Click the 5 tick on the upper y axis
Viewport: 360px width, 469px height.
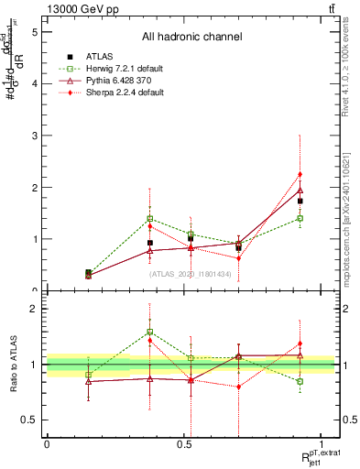coord(34,31)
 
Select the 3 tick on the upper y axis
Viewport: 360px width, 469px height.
coord(34,136)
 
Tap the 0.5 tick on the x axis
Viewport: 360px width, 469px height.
coord(183,444)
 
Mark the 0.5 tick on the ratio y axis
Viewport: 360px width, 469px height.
coord(33,420)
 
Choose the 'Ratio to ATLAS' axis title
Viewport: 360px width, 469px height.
coord(13,364)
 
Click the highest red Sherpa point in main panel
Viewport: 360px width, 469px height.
coord(300,174)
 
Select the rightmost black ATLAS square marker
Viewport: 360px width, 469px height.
coord(300,201)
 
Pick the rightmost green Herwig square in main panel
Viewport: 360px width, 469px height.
coord(300,218)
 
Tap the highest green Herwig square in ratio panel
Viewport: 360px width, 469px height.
coord(150,332)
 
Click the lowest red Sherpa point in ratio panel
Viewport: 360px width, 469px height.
coord(238,387)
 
